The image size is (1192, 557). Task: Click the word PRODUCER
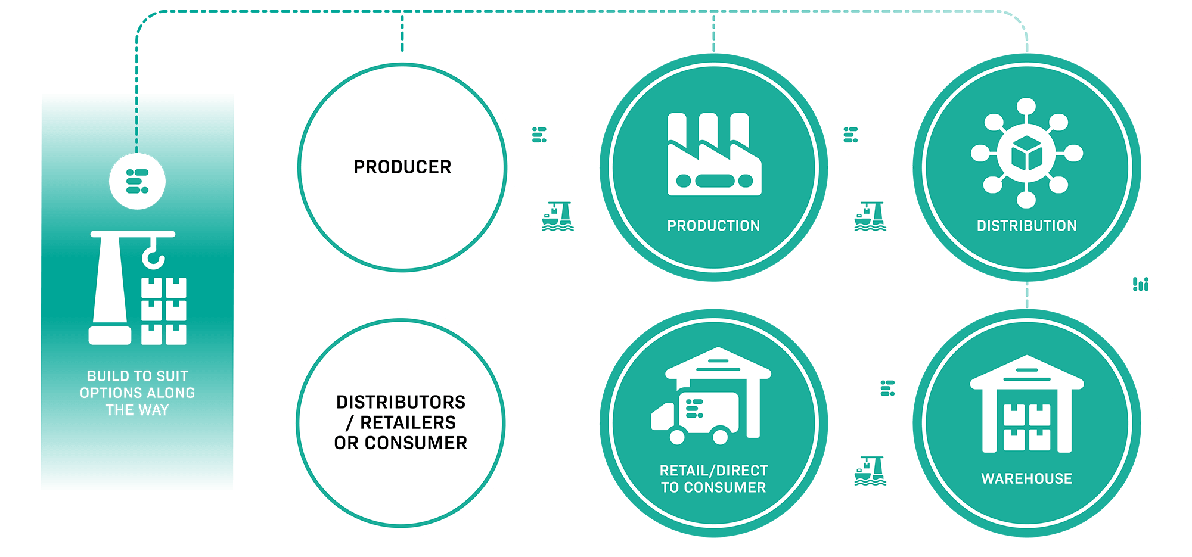click(402, 167)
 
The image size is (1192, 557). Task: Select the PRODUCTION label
click(713, 226)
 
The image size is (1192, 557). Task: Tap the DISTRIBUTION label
click(1026, 226)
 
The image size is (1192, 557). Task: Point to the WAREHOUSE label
click(1026, 478)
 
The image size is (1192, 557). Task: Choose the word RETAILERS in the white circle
click(408, 422)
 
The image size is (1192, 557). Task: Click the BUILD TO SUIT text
click(138, 376)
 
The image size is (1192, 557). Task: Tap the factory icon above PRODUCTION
click(714, 154)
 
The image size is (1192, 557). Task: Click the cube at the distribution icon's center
click(1026, 153)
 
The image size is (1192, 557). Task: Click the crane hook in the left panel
click(153, 254)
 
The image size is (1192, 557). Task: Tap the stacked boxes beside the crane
click(164, 311)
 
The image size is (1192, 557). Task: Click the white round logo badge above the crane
click(138, 181)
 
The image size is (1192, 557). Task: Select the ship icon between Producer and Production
click(558, 216)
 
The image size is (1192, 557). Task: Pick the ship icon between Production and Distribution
click(870, 216)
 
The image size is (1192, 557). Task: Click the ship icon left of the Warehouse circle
click(870, 471)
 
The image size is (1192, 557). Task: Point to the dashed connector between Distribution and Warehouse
click(1027, 295)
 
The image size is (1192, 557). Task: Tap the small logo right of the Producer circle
click(539, 135)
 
